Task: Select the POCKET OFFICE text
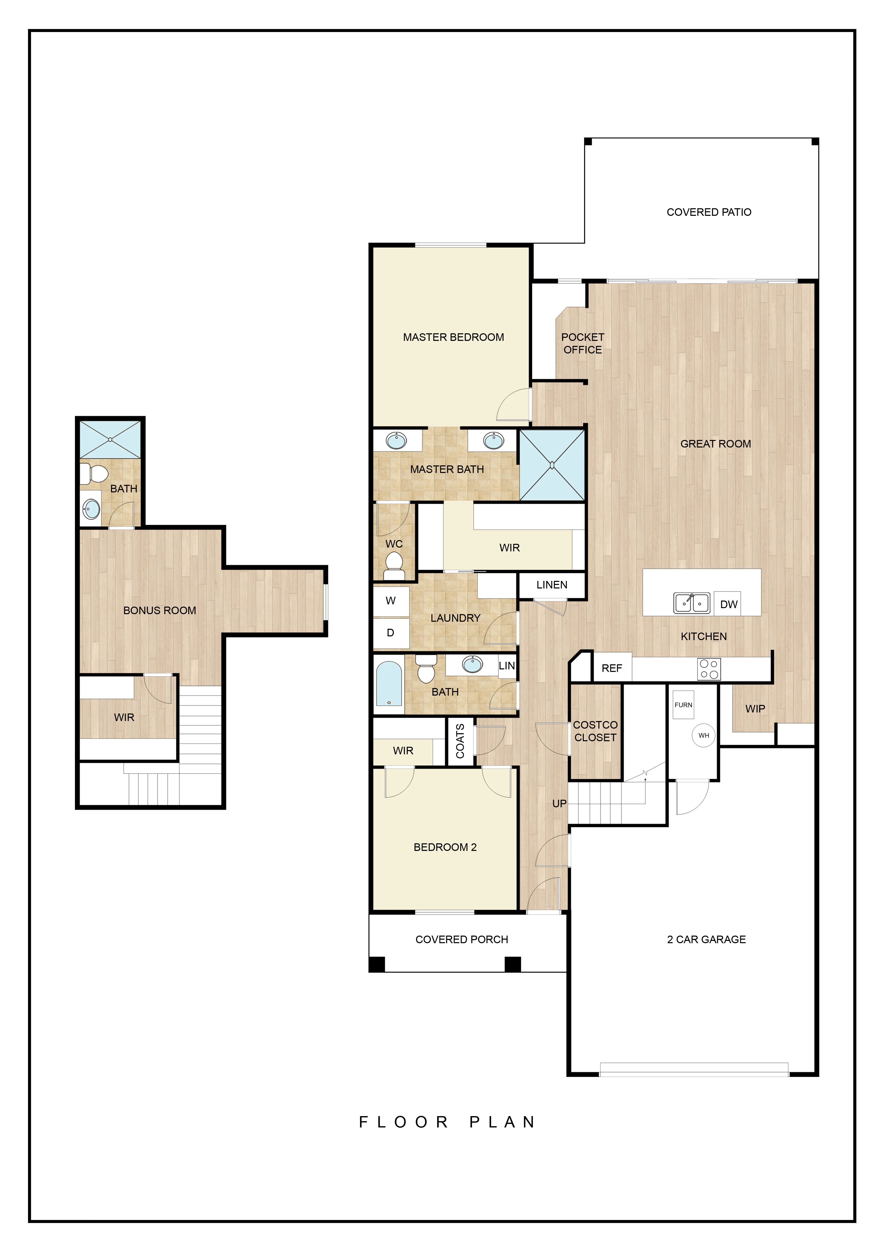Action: point(582,343)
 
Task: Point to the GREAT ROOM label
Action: point(715,444)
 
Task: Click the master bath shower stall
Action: point(552,465)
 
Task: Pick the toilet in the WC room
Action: point(394,565)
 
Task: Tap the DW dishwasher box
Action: point(727,604)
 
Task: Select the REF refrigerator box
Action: point(612,668)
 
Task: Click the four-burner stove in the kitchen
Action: point(709,669)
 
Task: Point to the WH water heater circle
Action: point(703,736)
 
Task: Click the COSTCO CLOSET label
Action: point(595,731)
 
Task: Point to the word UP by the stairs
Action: point(560,804)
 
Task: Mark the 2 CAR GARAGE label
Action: point(706,939)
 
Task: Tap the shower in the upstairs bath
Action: point(110,439)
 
